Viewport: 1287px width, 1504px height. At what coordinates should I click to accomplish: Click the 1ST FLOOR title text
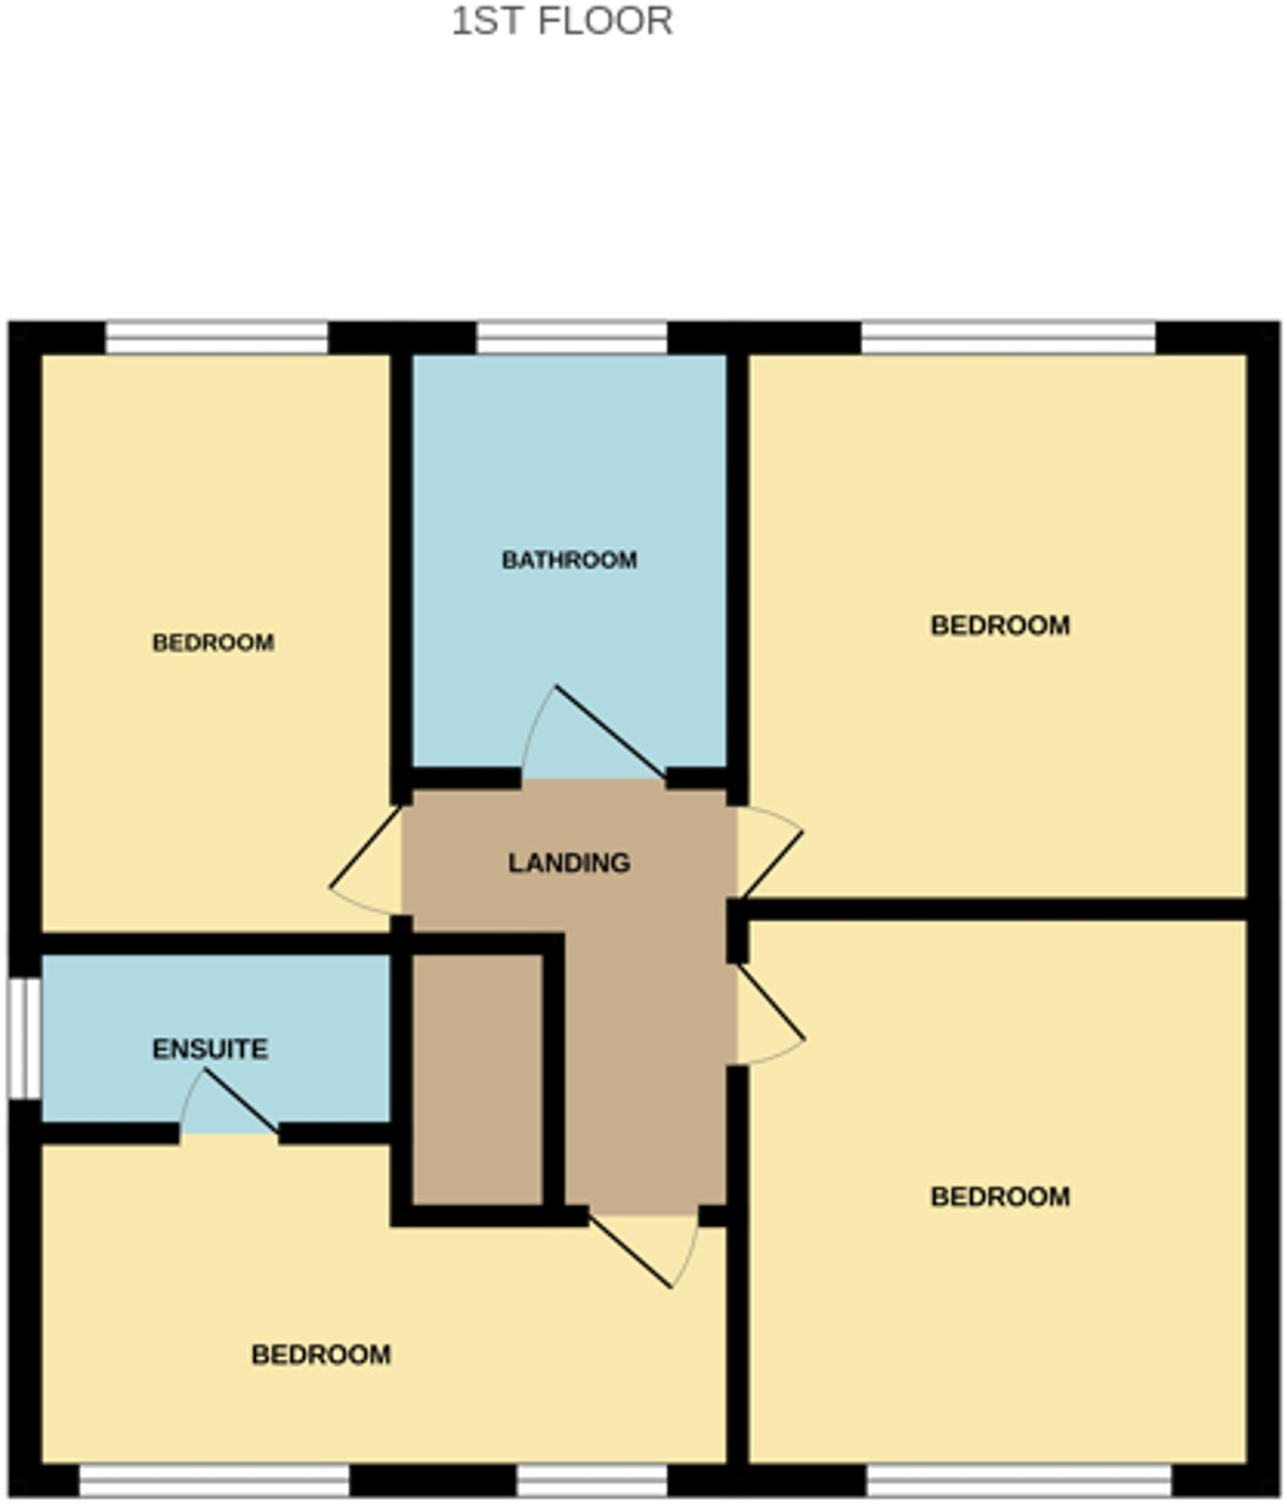pos(561,21)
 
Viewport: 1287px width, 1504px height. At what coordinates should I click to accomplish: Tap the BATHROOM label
pos(569,560)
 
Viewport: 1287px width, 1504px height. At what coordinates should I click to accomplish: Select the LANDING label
pos(568,863)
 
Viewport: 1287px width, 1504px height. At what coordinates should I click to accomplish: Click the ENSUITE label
pos(210,1049)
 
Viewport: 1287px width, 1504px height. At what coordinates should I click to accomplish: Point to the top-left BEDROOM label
pos(213,643)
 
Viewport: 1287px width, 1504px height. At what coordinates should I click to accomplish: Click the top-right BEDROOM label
pos(1000,625)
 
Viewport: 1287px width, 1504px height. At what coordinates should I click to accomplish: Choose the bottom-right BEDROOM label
pos(1000,1197)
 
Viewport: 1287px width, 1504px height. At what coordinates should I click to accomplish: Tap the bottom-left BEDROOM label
pos(321,1354)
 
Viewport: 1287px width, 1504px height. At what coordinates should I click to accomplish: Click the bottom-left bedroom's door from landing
pos(642,1247)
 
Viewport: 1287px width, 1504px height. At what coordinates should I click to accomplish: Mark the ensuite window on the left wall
pos(24,1039)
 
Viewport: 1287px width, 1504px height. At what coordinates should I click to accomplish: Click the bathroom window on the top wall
pos(571,338)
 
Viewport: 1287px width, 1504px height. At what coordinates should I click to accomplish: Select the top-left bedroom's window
pos(217,338)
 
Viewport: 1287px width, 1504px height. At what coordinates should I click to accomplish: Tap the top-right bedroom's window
pos(1008,338)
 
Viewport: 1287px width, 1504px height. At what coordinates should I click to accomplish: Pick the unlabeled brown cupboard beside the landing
pos(477,1080)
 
